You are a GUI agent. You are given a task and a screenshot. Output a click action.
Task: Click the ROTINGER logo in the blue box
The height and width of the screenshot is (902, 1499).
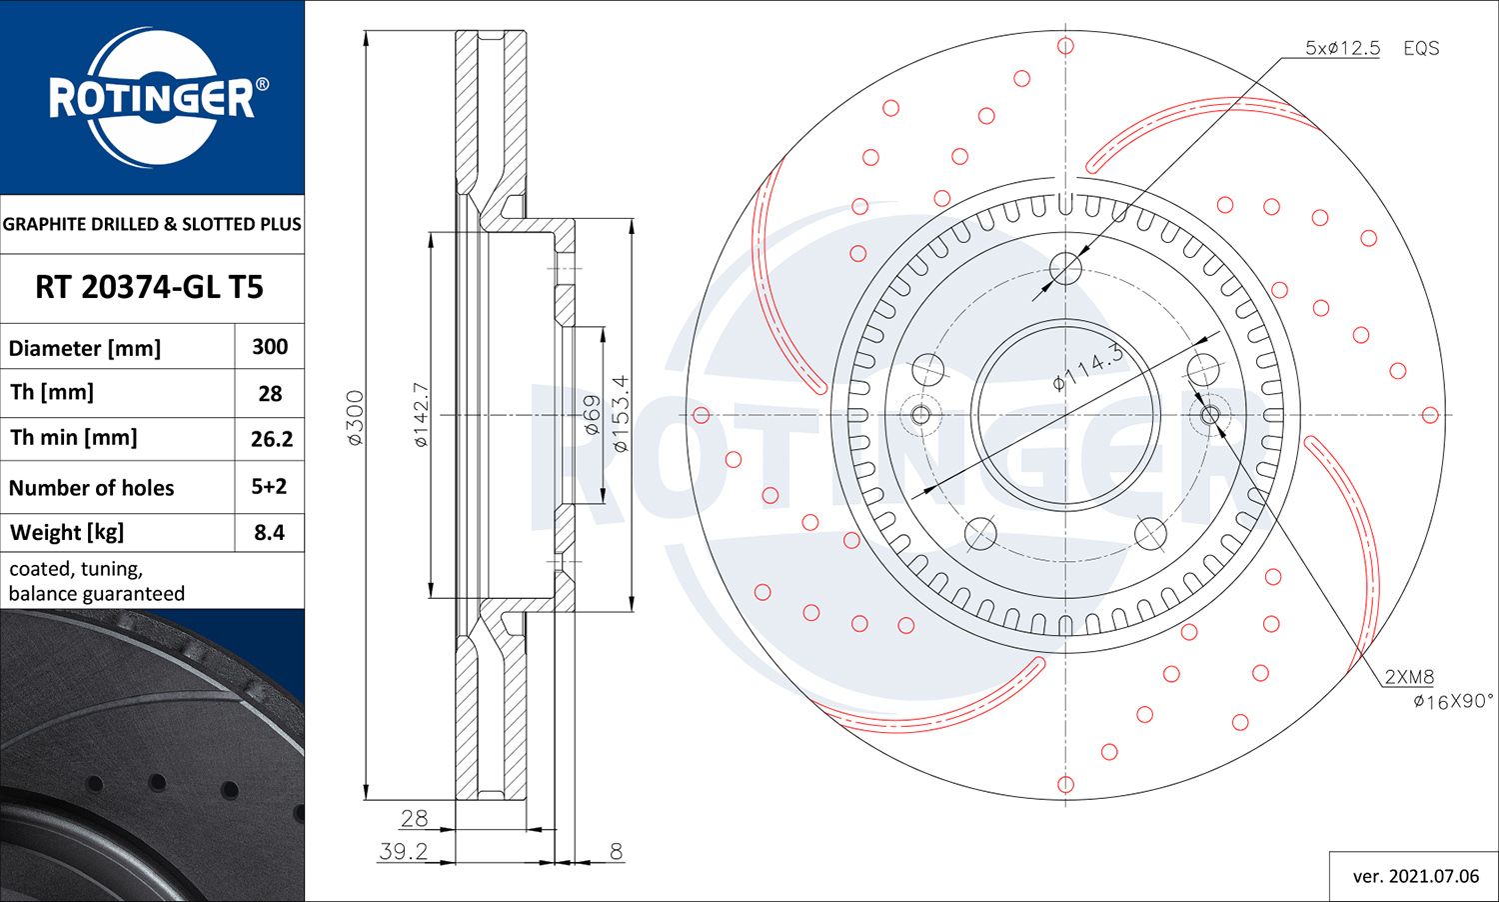[x=152, y=97]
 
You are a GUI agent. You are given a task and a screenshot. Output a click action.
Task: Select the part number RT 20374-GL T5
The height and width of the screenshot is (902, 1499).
[x=149, y=288]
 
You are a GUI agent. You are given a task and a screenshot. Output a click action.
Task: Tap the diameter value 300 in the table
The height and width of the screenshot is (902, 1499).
[x=270, y=347]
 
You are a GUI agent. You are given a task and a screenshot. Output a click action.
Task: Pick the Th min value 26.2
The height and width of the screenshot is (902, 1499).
[x=271, y=439]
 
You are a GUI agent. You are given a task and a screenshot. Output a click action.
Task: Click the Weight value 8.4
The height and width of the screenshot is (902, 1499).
[x=270, y=533]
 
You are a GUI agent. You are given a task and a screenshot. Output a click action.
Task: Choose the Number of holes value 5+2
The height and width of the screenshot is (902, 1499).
[x=269, y=487]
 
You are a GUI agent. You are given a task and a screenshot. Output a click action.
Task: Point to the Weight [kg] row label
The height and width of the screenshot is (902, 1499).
[x=67, y=533]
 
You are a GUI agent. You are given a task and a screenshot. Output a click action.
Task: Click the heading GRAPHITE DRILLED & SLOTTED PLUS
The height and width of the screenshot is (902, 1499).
[x=152, y=224]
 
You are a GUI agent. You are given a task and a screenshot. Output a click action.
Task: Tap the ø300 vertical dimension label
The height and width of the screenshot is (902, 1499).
[x=356, y=418]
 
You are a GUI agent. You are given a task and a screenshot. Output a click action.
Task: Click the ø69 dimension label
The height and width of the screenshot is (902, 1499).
[x=591, y=414]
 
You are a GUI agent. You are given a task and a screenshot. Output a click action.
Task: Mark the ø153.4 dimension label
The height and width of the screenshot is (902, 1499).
[x=620, y=414]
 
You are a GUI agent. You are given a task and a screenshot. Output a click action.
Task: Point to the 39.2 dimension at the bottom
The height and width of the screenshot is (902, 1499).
[x=404, y=851]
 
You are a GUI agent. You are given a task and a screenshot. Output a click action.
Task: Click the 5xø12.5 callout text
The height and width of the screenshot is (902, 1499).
[x=1342, y=48]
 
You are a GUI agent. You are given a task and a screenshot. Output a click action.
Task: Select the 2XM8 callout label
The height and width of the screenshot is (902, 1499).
[x=1409, y=677]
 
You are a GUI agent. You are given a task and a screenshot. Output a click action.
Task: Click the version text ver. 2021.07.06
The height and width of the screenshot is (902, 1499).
[x=1415, y=876]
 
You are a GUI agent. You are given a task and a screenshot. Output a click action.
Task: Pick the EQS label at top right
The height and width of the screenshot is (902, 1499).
[x=1421, y=48]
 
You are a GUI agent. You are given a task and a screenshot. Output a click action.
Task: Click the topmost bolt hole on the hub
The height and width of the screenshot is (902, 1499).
[x=1066, y=268]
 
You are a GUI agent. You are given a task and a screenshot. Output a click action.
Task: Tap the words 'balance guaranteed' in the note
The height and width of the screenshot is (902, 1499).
[x=97, y=594]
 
